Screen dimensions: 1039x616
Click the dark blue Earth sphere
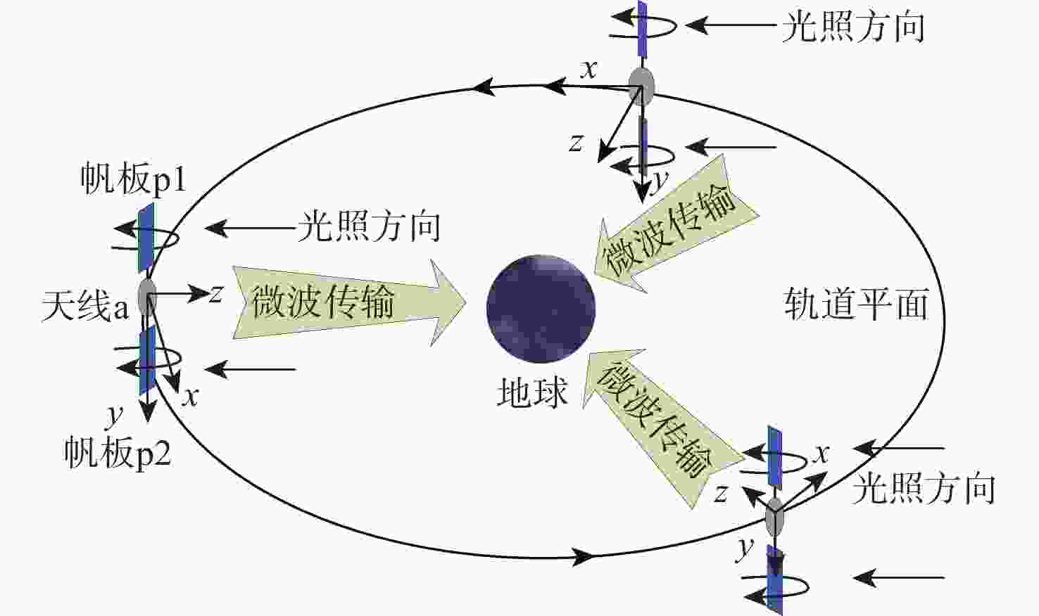(x=541, y=308)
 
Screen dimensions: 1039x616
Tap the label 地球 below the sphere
(x=532, y=392)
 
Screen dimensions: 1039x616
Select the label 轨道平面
(x=856, y=304)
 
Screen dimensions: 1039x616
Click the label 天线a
(x=85, y=305)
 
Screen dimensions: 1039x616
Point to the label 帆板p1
(x=134, y=179)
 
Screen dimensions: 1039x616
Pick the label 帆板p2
(x=118, y=453)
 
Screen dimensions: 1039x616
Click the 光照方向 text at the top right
(x=853, y=27)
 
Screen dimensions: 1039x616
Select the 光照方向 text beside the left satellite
(x=369, y=226)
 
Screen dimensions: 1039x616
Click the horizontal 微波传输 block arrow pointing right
(x=349, y=302)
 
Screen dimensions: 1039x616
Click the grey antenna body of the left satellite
(x=148, y=297)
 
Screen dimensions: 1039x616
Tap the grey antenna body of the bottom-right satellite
(x=774, y=517)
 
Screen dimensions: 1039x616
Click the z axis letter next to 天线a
(x=215, y=293)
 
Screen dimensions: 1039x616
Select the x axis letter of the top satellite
(x=588, y=70)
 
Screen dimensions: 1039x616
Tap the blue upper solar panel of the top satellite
(x=643, y=28)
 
